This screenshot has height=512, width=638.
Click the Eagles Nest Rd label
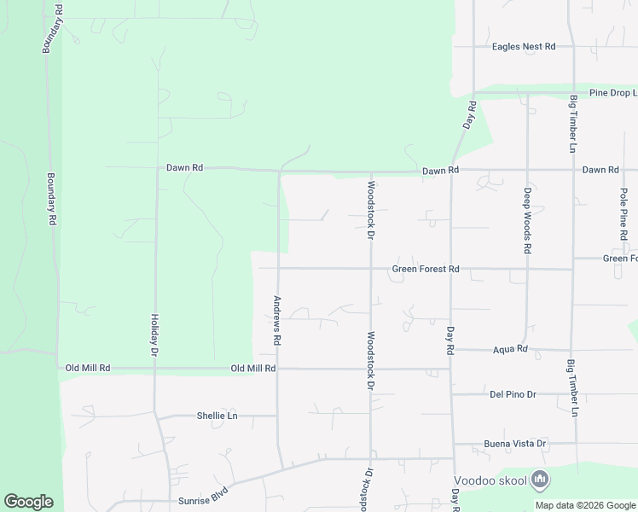tap(524, 47)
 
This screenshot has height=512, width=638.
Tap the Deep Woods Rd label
tap(527, 221)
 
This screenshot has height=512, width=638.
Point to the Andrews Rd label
tap(277, 320)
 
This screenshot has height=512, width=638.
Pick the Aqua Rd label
tap(510, 349)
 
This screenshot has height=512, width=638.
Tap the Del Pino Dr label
tap(513, 394)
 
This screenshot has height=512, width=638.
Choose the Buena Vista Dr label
tap(518, 444)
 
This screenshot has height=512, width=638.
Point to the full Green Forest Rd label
tap(426, 270)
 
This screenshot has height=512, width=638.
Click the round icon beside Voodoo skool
tap(539, 480)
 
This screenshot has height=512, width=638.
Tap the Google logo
tap(28, 502)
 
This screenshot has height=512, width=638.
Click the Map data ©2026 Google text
tap(586, 505)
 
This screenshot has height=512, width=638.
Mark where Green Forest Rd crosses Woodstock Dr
tap(370, 269)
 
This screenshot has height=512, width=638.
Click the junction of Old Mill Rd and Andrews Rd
tap(278, 369)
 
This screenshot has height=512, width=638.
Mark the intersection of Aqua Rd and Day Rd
tap(451, 349)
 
